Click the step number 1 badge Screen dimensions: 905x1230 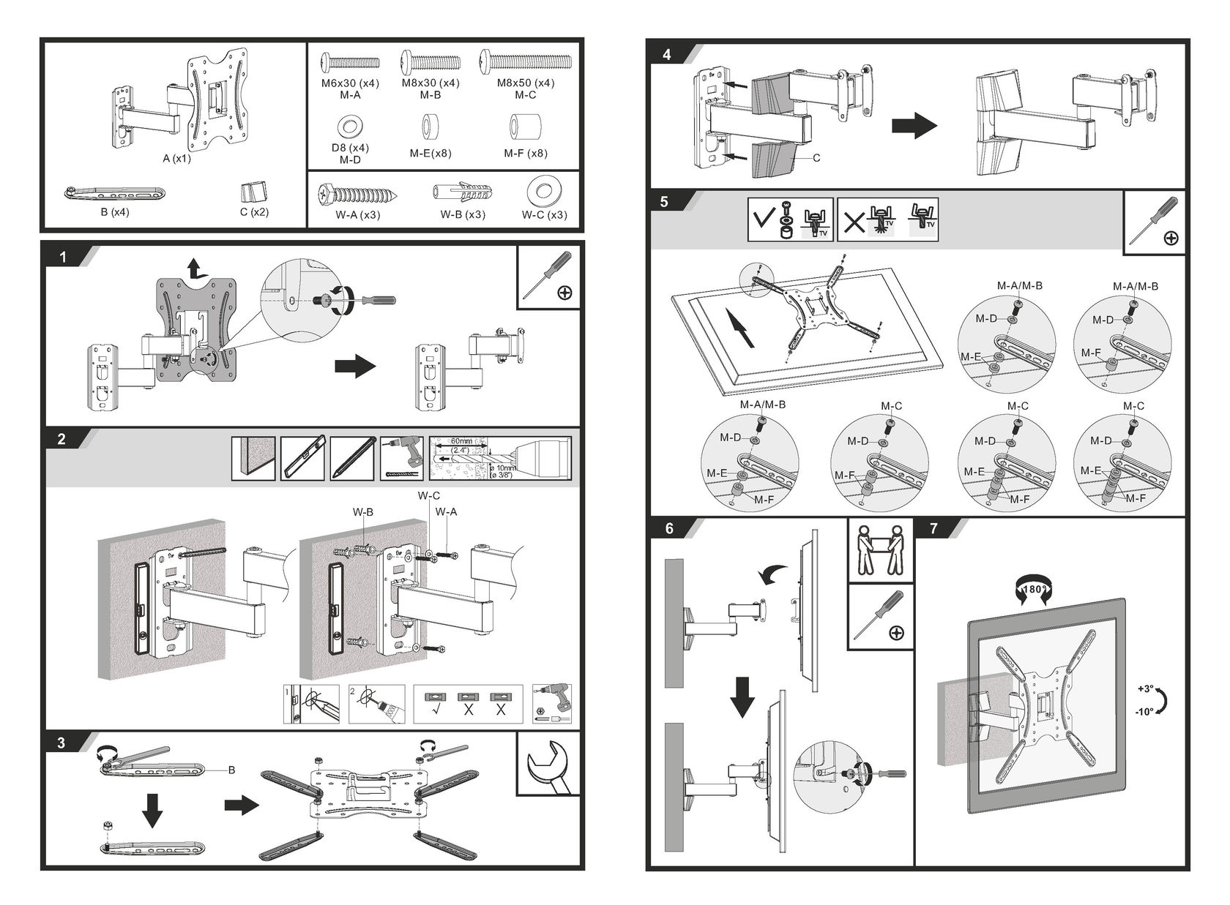(63, 257)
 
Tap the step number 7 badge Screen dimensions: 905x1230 (933, 528)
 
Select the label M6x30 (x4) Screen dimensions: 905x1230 (350, 83)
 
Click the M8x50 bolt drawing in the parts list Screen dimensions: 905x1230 (525, 61)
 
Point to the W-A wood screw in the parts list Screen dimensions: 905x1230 (357, 195)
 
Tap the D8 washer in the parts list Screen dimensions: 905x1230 (350, 127)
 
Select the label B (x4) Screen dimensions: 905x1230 (114, 213)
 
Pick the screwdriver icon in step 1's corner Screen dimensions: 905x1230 (548, 277)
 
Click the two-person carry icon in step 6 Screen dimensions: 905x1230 (880, 550)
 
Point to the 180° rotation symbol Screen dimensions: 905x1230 (1033, 589)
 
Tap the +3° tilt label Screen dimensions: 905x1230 (1146, 688)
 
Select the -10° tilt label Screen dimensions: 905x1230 (1146, 711)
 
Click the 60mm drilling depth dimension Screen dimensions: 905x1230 (461, 441)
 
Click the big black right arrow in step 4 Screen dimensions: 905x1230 (914, 125)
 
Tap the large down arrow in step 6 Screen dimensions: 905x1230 (742, 696)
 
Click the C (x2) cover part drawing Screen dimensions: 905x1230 (254, 192)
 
